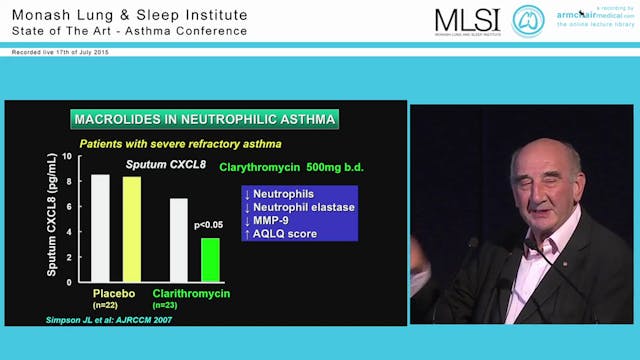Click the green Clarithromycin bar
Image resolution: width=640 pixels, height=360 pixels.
[209, 259]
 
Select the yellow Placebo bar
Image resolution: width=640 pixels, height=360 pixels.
[132, 229]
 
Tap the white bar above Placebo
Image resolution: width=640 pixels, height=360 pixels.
[100, 228]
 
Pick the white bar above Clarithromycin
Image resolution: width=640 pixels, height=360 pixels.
[178, 240]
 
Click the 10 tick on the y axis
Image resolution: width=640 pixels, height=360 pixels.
[68, 157]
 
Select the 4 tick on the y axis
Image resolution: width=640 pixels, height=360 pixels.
[68, 232]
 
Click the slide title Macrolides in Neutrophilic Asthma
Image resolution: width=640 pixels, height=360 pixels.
[204, 120]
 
